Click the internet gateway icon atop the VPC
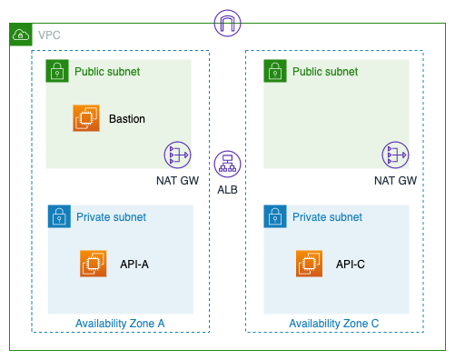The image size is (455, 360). point(227,23)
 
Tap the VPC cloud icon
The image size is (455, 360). point(21,35)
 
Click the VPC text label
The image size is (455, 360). point(49,35)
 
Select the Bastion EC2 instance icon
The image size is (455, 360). point(86,118)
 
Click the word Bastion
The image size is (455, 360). point(127,119)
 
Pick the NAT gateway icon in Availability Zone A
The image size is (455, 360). point(177,155)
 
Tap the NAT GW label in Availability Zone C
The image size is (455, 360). point(395,181)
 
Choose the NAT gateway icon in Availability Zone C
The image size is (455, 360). point(395,155)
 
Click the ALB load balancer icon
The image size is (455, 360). point(227,164)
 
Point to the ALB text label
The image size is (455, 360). point(227,190)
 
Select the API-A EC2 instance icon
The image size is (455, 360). point(94,264)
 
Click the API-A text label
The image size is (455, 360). point(134,265)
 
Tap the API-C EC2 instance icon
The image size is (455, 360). point(309,264)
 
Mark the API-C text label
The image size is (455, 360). point(351,265)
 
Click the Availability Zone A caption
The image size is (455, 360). point(120,324)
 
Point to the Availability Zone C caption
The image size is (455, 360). point(334,324)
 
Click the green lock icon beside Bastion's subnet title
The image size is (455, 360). point(57,71)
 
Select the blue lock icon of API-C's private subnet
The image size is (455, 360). point(275,216)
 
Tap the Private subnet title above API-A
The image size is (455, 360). point(111,217)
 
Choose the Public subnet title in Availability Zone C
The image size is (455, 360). point(325,72)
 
